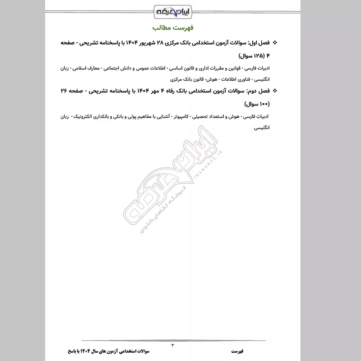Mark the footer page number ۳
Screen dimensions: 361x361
pyautogui.click(x=173, y=345)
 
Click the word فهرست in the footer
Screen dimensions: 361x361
pyautogui.click(x=238, y=351)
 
